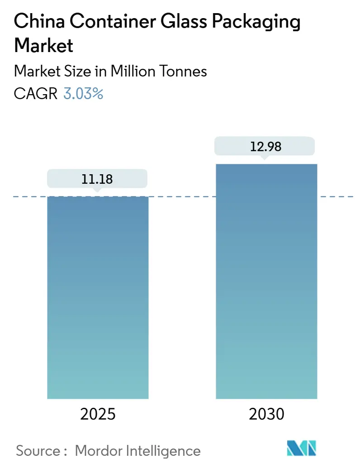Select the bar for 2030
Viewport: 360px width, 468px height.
[x=266, y=281]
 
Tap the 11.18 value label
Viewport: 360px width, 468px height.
[x=97, y=179]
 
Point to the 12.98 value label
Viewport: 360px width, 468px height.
[x=265, y=146]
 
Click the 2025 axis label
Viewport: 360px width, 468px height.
[x=97, y=414]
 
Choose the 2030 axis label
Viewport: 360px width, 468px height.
[x=266, y=414]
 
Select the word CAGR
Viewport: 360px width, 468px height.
[x=36, y=94]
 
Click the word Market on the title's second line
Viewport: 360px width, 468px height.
[x=44, y=45]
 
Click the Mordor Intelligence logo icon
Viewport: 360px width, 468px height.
[x=302, y=448]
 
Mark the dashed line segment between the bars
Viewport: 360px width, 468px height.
[x=182, y=196]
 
